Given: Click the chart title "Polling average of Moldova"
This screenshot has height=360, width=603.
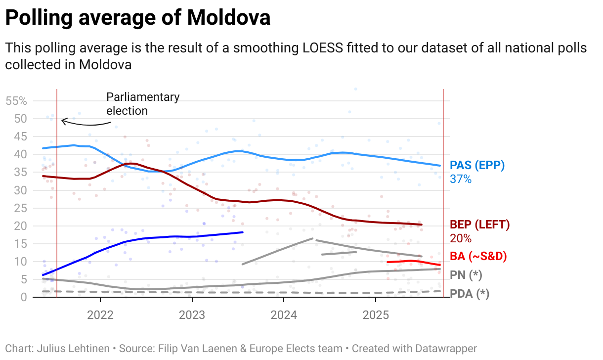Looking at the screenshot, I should pyautogui.click(x=137, y=18).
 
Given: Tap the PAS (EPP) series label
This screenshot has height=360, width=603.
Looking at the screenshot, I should pyautogui.click(x=477, y=166).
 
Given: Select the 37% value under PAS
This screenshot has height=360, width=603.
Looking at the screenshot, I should pyautogui.click(x=460, y=179).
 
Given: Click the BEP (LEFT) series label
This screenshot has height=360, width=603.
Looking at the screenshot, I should pyautogui.click(x=479, y=225).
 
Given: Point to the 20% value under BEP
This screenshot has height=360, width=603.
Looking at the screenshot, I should pyautogui.click(x=460, y=238).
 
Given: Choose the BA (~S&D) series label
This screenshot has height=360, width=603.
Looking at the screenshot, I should pyautogui.click(x=478, y=256).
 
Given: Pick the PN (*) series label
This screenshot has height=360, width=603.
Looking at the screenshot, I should pyautogui.click(x=466, y=274).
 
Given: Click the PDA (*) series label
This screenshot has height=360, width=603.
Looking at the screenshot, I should pyautogui.click(x=469, y=294).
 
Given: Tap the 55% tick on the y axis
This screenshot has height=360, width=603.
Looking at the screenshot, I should pyautogui.click(x=16, y=101).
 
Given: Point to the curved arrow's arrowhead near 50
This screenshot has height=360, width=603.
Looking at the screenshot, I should pyautogui.click(x=63, y=120).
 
